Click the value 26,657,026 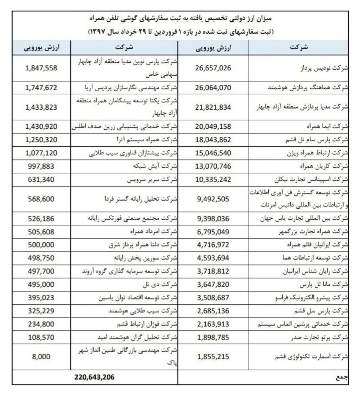[x=213, y=68]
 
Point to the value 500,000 [x=41, y=245]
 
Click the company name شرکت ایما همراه [x=327, y=126]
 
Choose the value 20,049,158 [x=213, y=126]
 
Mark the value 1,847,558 [x=41, y=68]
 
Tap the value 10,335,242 [x=213, y=180]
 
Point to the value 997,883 [x=41, y=166]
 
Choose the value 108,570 [x=41, y=337]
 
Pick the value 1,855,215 [x=213, y=356]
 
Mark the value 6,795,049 [x=213, y=232]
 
